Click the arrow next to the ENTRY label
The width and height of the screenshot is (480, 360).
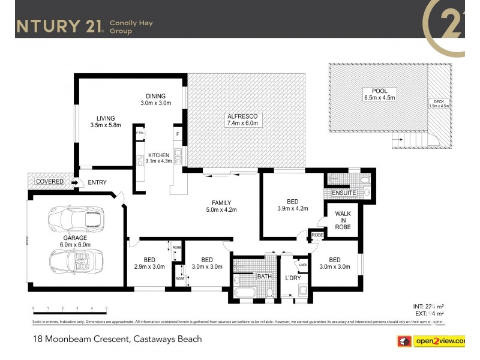click(74, 182)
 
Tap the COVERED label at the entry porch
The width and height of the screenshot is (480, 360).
click(49, 181)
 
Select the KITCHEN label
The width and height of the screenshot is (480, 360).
click(158, 155)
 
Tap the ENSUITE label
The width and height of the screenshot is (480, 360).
click(344, 193)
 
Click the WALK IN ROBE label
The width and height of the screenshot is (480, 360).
click(343, 220)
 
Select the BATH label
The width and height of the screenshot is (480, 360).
click(265, 277)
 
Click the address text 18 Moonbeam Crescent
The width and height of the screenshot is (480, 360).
click(118, 339)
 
